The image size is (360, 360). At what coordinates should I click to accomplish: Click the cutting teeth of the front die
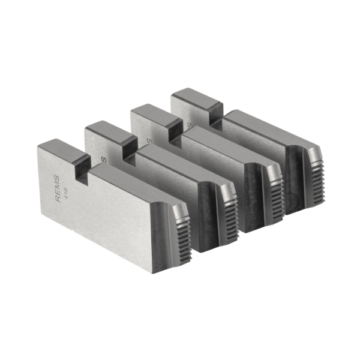(181, 232)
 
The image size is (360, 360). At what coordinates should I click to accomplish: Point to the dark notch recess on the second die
(130, 150)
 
